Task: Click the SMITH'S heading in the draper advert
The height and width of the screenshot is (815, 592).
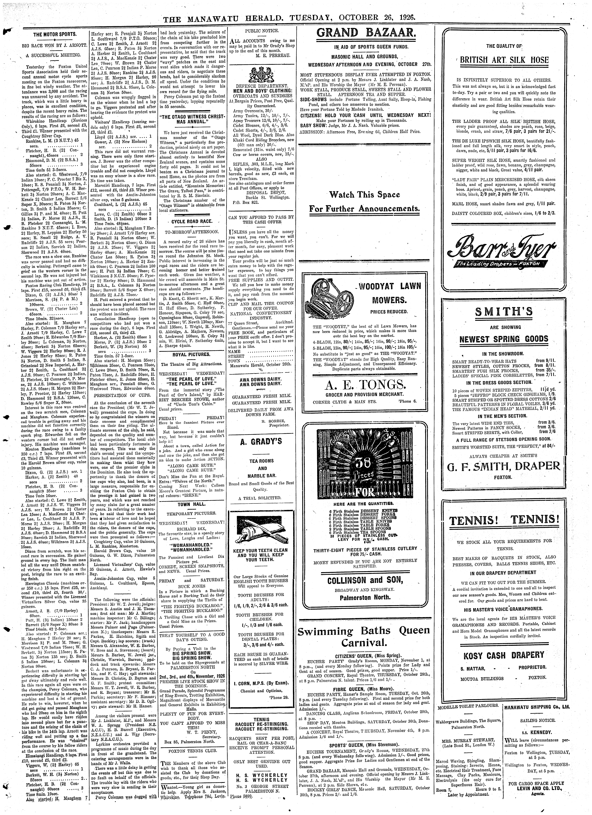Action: pyautogui.click(x=503, y=312)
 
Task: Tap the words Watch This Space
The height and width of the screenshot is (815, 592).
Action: pyautogui.click(x=364, y=195)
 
